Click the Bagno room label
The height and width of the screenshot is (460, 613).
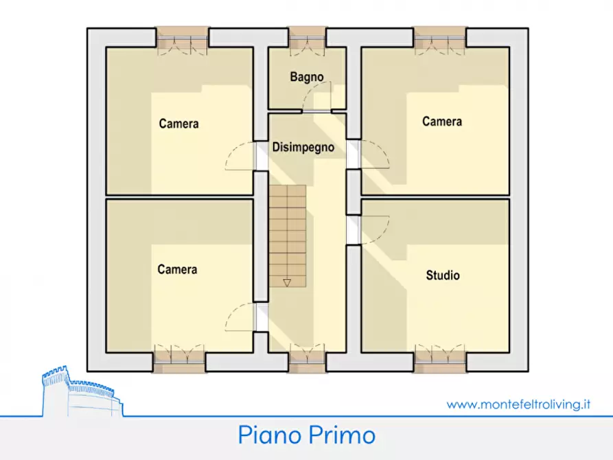306,78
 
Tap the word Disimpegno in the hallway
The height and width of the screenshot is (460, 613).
303,147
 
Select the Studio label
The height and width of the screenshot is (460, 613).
443,276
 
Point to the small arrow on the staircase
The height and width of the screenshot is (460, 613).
287,281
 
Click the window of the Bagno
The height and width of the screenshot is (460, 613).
306,40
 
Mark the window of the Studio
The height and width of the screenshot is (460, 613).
441,358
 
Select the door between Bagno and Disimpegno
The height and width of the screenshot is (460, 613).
316,110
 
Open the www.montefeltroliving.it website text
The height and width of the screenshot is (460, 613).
518,404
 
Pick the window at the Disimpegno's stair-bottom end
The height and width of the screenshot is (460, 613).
306,358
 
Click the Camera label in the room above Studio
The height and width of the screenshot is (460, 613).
442,122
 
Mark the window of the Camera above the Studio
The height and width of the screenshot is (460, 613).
441,40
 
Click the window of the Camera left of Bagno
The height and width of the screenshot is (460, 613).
181,40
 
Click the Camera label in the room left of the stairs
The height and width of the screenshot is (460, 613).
177,269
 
